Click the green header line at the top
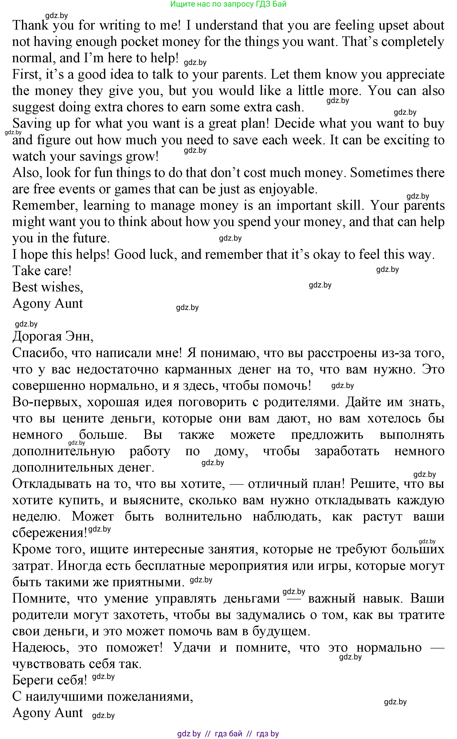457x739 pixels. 228,4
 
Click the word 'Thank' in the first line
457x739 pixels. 30,25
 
